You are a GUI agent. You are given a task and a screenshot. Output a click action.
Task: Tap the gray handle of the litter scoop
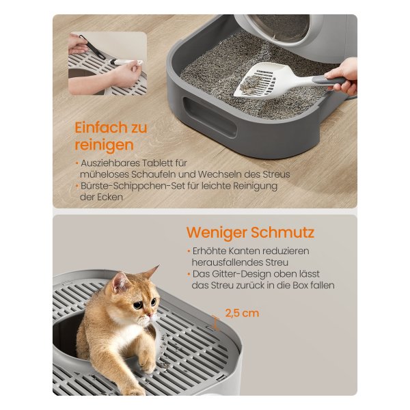[328, 80]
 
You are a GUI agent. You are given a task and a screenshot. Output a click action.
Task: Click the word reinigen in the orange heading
[104, 146]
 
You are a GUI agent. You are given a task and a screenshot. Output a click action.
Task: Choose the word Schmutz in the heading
[283, 232]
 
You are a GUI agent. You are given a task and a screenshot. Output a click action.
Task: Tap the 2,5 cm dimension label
[242, 313]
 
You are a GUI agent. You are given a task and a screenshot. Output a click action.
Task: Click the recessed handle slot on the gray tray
[210, 117]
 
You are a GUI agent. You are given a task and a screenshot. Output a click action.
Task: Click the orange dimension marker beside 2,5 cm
[215, 323]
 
